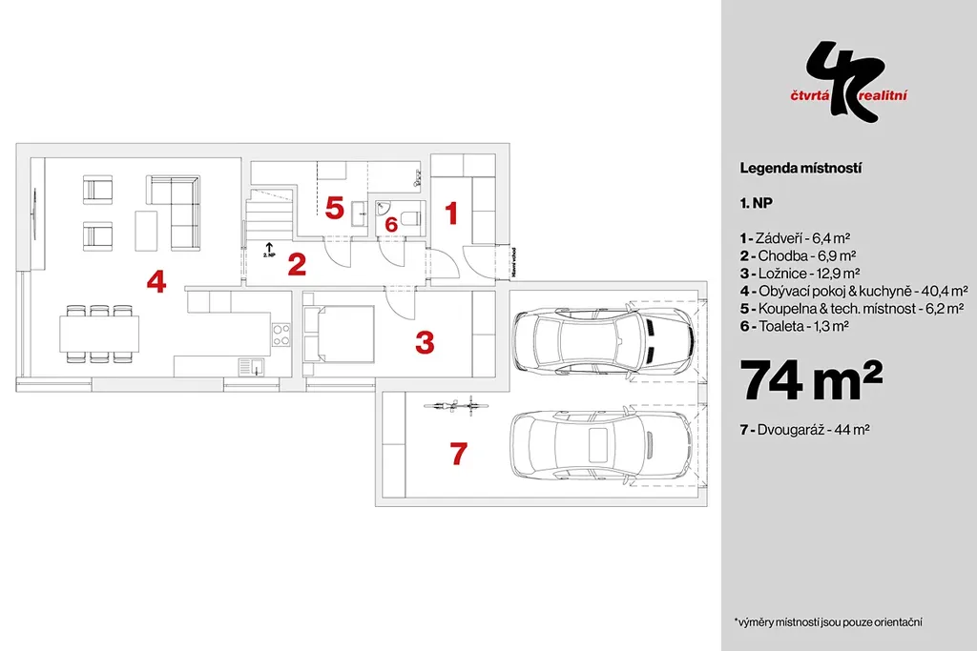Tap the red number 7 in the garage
pyautogui.click(x=458, y=455)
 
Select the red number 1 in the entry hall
pyautogui.click(x=452, y=214)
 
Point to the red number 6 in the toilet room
pyautogui.click(x=390, y=225)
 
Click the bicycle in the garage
pyautogui.click(x=455, y=406)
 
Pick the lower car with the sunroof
pyautogui.click(x=601, y=444)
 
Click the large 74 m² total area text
pyautogui.click(x=810, y=380)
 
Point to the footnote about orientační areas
pyautogui.click(x=826, y=621)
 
